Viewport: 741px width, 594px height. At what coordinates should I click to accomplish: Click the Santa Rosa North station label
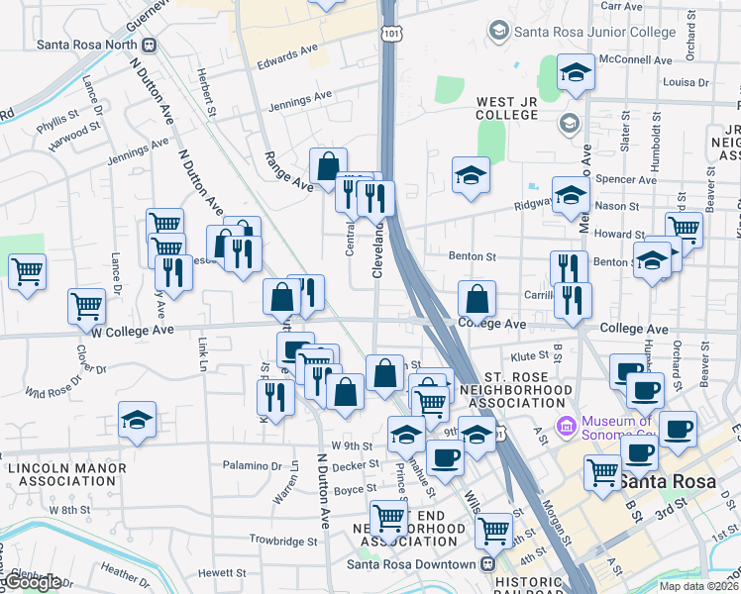[x=87, y=44]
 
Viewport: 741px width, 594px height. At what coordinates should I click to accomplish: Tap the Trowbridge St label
[x=283, y=542]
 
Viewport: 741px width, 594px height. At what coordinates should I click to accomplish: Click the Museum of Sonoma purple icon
[x=567, y=427]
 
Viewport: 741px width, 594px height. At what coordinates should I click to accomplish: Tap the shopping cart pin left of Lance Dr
[x=28, y=270]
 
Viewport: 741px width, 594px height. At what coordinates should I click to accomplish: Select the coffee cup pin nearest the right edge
[x=679, y=428]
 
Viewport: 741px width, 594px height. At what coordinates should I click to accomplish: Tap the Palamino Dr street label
[x=252, y=465]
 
